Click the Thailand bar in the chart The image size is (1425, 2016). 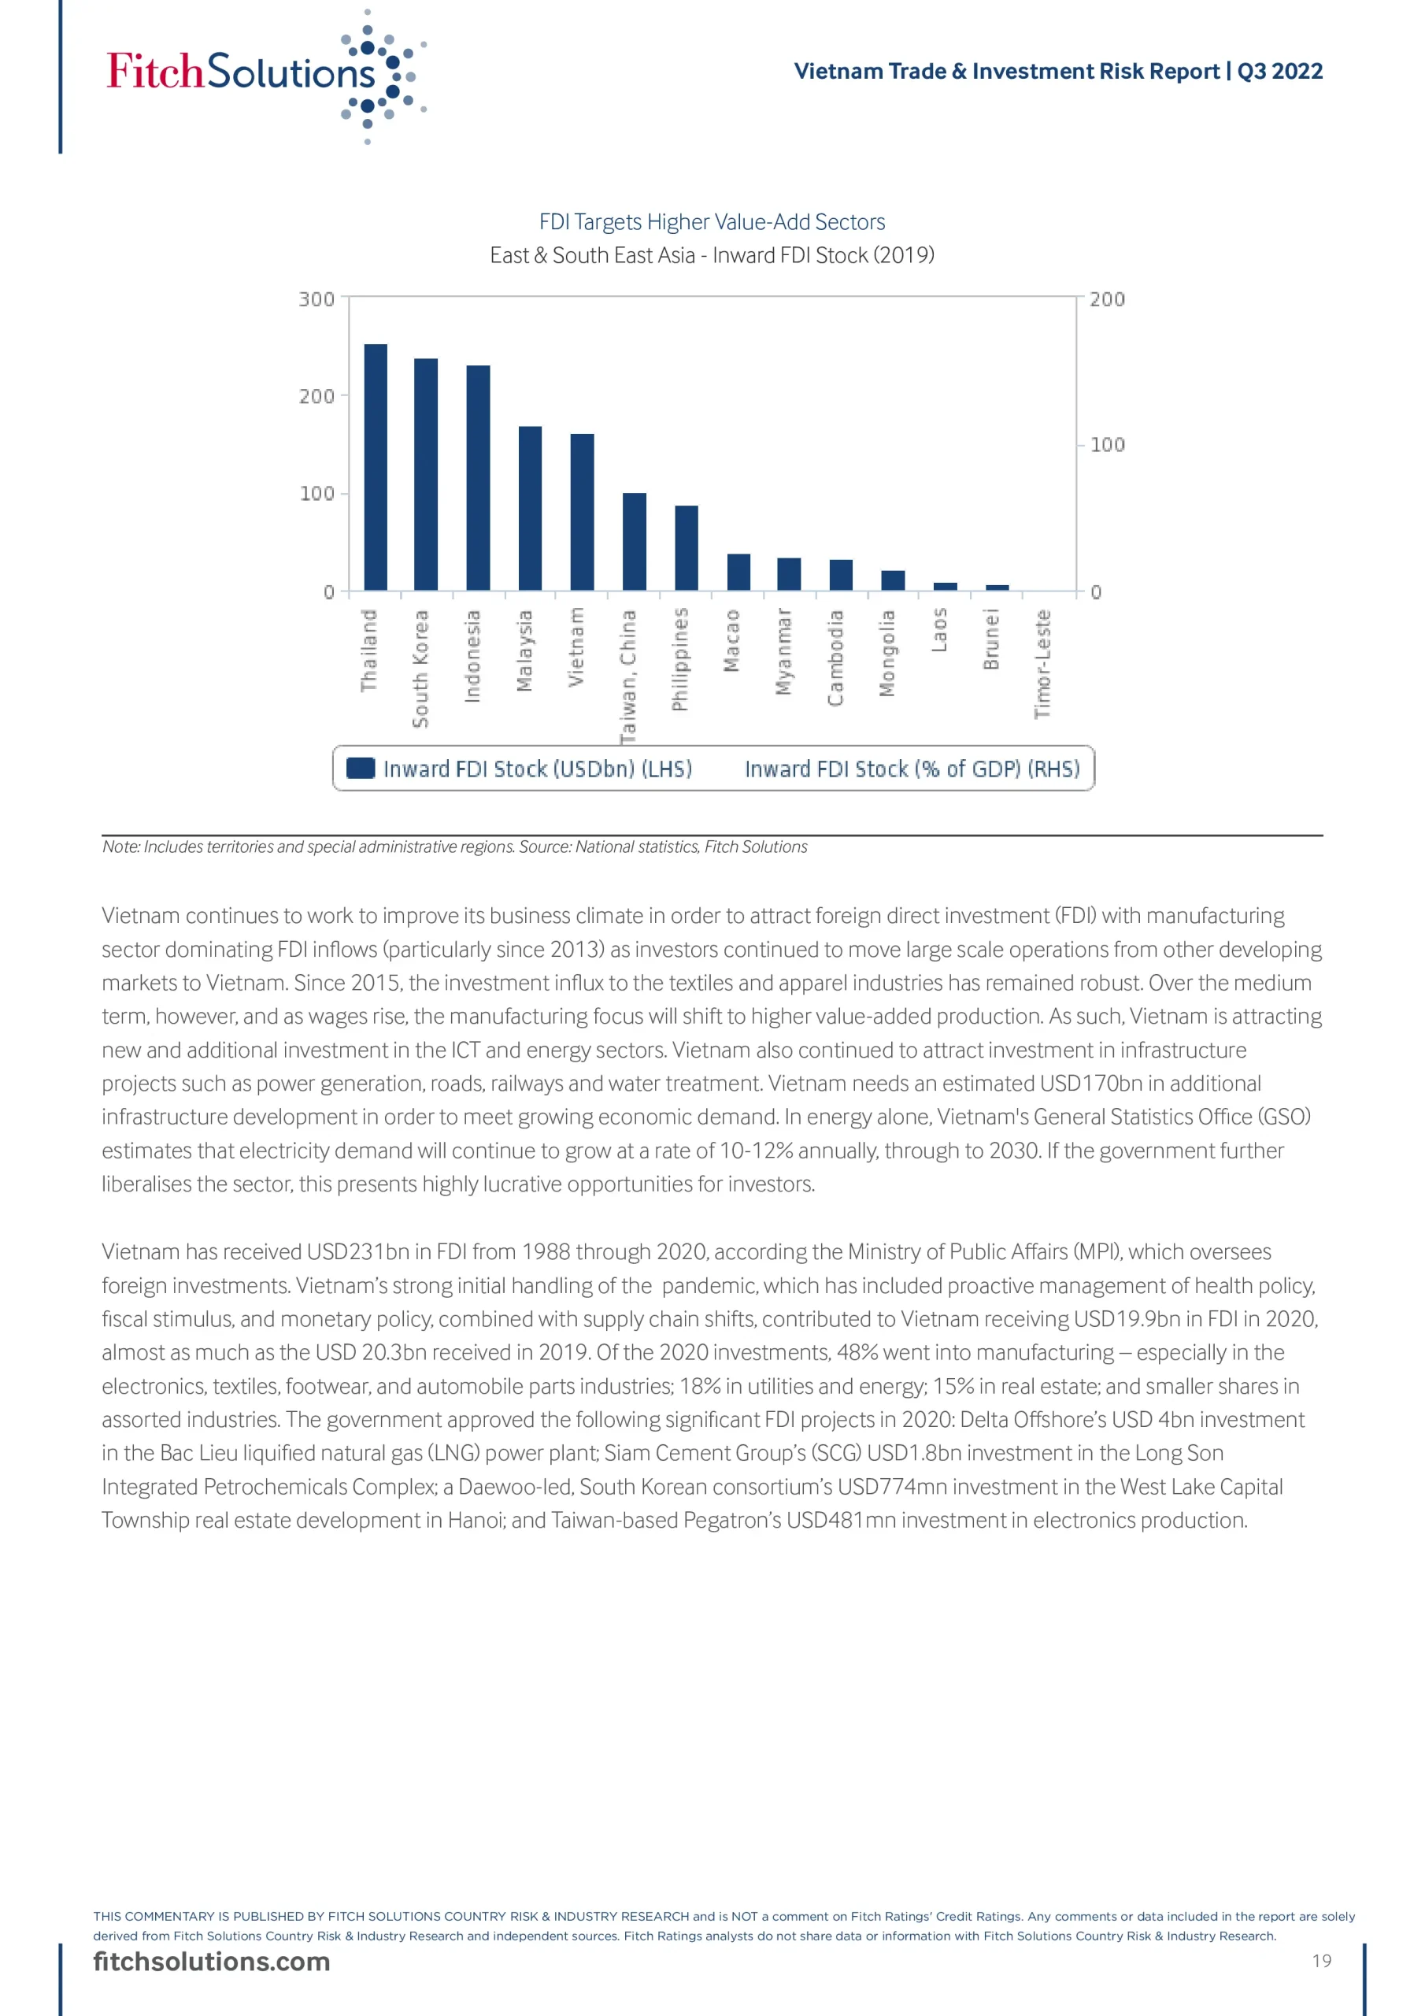click(x=375, y=467)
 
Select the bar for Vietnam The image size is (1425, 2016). click(x=582, y=512)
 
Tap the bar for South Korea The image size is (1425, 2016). click(x=426, y=474)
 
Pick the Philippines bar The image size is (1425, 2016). click(x=686, y=548)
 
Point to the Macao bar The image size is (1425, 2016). click(x=738, y=572)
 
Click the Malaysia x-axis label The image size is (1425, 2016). click(x=524, y=650)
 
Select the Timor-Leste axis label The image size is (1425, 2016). click(x=1042, y=665)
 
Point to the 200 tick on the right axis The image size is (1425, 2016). click(x=1106, y=299)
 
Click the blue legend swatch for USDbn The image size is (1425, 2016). click(x=360, y=769)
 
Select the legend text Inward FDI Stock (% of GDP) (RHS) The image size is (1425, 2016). click(x=912, y=769)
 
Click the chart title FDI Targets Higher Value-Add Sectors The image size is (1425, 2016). click(x=712, y=222)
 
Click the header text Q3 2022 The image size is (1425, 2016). click(x=1279, y=71)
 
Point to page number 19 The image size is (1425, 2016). click(x=1321, y=1961)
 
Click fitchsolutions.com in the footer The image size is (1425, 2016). click(x=212, y=1962)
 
